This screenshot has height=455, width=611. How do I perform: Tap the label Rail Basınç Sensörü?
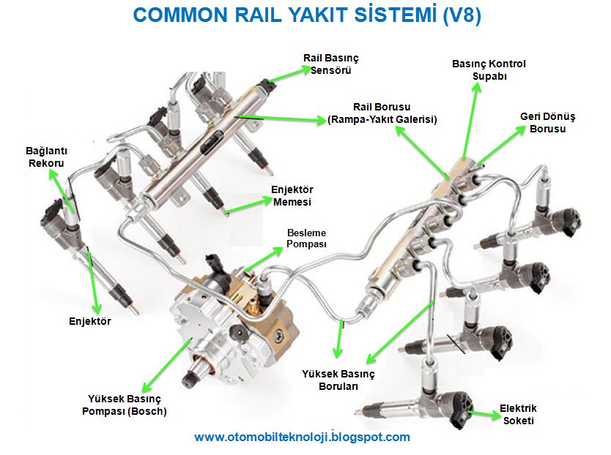[330, 64]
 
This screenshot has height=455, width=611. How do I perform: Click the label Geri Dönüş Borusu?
[548, 122]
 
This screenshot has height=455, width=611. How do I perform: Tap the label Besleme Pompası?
[306, 238]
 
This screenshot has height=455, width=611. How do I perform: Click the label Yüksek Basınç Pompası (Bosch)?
[127, 405]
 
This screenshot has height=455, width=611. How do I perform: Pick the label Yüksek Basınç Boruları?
[338, 380]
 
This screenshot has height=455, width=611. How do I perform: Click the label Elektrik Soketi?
[518, 414]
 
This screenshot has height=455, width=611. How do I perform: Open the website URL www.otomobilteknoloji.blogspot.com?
[302, 437]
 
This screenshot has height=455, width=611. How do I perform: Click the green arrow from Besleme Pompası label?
[262, 260]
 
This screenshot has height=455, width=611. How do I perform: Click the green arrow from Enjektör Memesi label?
[246, 205]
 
